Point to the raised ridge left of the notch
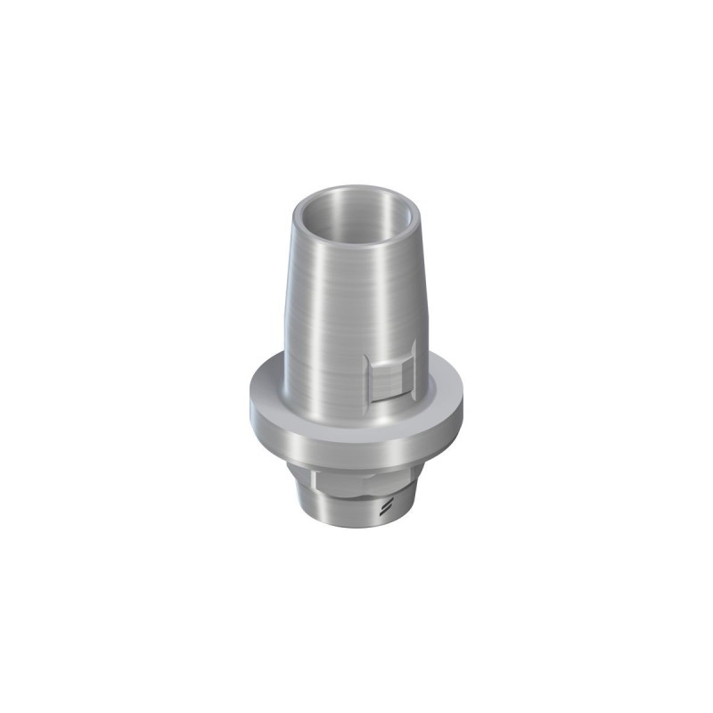[370, 383]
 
